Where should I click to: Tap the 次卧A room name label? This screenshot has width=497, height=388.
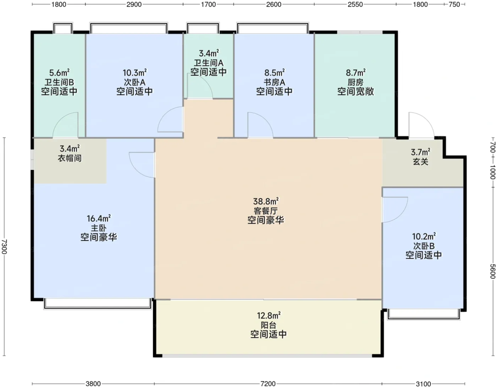point(134,82)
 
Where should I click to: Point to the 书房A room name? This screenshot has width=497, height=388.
point(274,82)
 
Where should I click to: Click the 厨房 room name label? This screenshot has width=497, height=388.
point(355,82)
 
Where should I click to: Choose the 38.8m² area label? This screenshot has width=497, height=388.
point(266,201)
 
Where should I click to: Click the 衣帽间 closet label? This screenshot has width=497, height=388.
point(70,158)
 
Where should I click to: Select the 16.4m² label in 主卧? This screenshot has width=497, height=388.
point(98,219)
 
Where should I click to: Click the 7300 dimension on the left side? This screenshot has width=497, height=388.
point(4,247)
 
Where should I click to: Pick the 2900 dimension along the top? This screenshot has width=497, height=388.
point(134,4)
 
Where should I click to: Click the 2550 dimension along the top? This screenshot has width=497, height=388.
point(355,4)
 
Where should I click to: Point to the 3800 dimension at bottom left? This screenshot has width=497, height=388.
point(93,384)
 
